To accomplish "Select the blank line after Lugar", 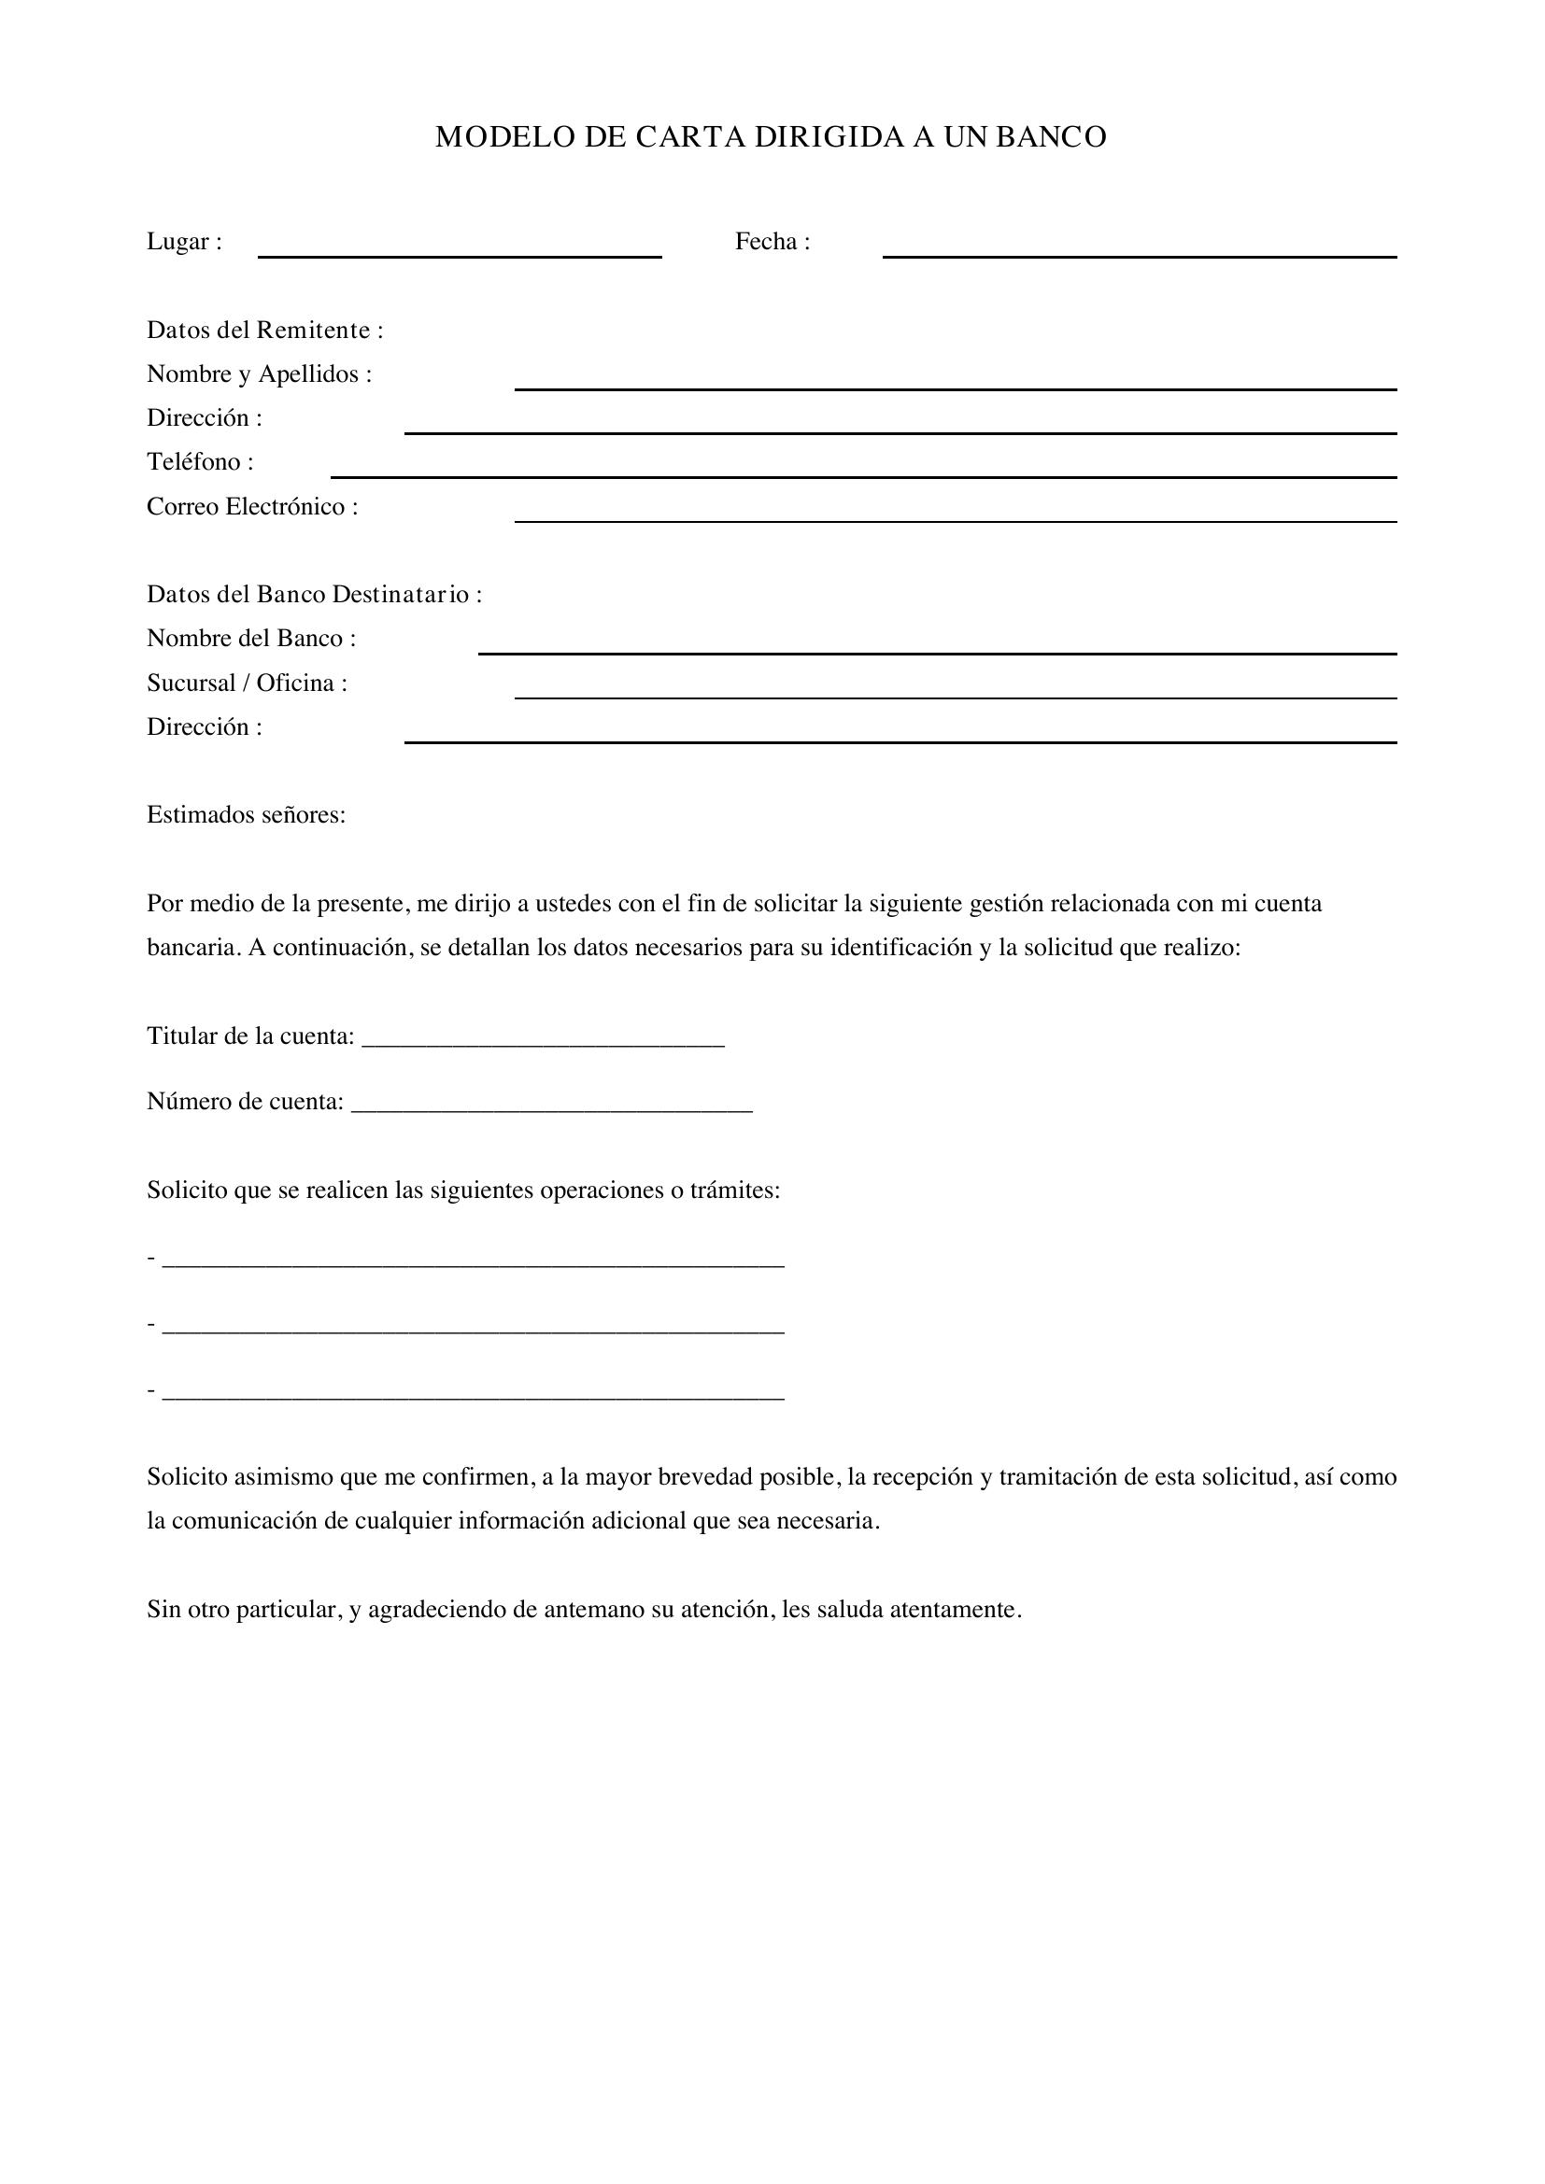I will (460, 255).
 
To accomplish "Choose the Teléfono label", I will (200, 462).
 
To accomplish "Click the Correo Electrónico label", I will (252, 507).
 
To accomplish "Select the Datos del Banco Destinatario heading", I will (314, 595).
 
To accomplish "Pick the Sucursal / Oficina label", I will (247, 683).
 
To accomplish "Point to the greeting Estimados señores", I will (246, 815).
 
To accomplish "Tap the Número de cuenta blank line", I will (552, 1109).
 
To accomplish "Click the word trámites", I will (734, 1191).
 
